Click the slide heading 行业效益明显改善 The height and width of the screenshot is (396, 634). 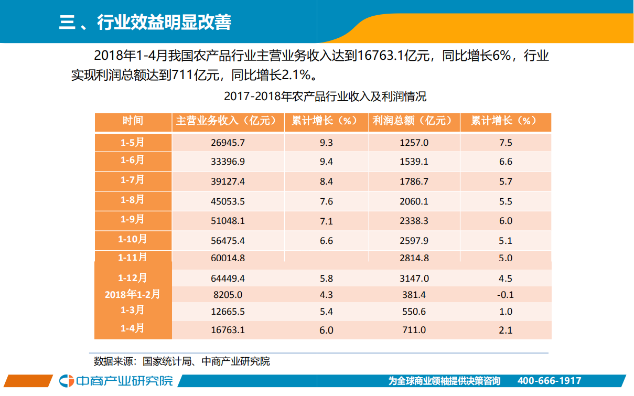(x=164, y=23)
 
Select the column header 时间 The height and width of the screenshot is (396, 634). (x=133, y=121)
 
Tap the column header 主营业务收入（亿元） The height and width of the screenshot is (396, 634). (x=228, y=121)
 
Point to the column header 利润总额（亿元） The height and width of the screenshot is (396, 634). (x=414, y=121)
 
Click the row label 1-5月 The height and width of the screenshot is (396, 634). (x=133, y=142)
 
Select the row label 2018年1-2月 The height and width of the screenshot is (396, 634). (x=133, y=294)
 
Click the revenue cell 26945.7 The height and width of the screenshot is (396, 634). (x=228, y=143)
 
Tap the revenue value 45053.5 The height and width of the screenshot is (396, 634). (x=228, y=201)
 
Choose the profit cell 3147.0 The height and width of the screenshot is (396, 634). (x=414, y=279)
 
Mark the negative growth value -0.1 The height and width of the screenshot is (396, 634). (x=506, y=295)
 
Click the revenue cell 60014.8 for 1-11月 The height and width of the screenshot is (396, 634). (x=228, y=258)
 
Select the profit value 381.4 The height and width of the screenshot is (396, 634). (x=414, y=295)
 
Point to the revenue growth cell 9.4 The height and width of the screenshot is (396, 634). (x=326, y=162)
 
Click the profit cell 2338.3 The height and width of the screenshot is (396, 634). (x=414, y=221)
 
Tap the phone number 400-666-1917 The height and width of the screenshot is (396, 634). (x=549, y=381)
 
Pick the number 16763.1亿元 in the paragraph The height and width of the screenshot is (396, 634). (x=392, y=56)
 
